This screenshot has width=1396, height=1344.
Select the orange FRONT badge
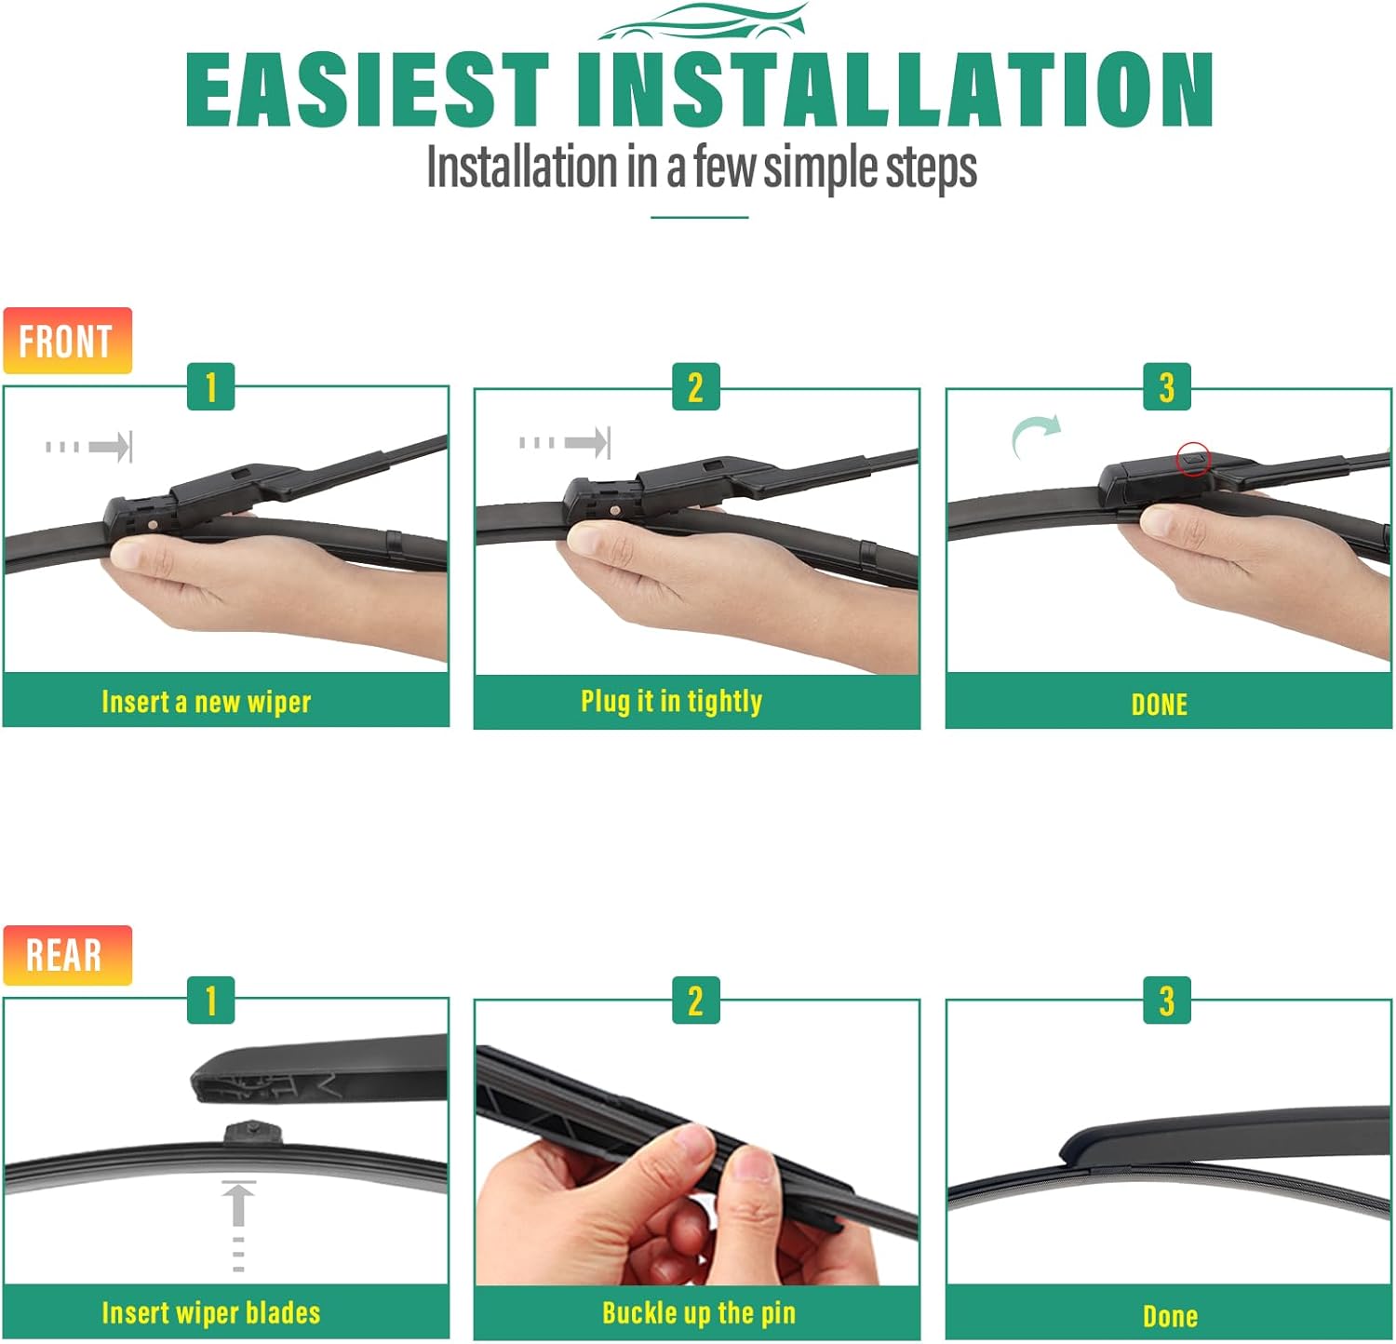(x=67, y=341)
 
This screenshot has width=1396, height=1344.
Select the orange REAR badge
(x=67, y=955)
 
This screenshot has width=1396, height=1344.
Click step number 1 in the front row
(x=211, y=386)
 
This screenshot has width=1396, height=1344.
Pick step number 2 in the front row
(x=696, y=386)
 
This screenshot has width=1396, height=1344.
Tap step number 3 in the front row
(x=1167, y=386)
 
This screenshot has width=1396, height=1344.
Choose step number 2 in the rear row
(x=696, y=1001)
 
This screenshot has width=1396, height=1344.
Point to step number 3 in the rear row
(x=1167, y=1001)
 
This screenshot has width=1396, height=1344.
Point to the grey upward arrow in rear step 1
(x=239, y=1225)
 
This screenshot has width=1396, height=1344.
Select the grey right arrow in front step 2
(x=565, y=442)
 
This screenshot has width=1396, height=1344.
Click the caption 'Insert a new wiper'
(x=207, y=702)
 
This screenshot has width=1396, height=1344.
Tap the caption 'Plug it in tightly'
(x=672, y=701)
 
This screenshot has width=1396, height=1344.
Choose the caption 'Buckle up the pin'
(x=699, y=1313)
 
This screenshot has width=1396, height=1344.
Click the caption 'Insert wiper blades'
(x=211, y=1313)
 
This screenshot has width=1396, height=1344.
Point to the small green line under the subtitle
(x=700, y=217)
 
